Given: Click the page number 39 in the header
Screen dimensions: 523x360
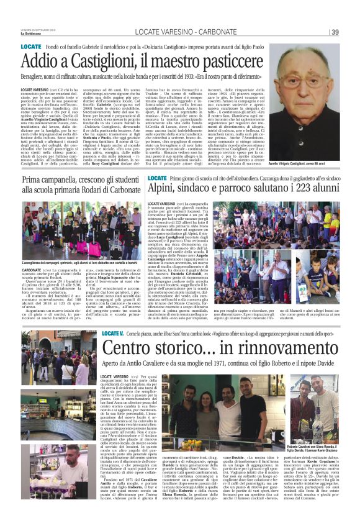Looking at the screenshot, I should (x=335, y=32).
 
